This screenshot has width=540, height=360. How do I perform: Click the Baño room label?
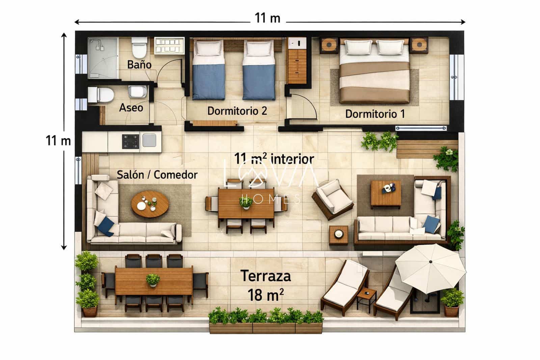[x=139, y=64]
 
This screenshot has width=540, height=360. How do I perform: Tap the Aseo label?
[x=131, y=108]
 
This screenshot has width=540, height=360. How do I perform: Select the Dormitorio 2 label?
[x=237, y=111]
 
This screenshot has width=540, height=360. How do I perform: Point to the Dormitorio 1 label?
[x=375, y=114]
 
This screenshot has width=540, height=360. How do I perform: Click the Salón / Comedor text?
[x=157, y=175]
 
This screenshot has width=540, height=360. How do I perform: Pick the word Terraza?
[x=266, y=276]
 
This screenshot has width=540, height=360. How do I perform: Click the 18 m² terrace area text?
[x=266, y=295]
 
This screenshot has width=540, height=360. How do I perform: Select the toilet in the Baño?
[x=139, y=48]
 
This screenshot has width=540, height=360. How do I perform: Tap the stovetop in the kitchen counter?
[x=131, y=141]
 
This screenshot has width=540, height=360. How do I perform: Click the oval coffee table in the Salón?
[x=150, y=205]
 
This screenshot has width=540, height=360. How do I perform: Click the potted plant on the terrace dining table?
[x=153, y=280]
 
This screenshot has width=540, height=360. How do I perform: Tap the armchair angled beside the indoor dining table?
[x=332, y=200]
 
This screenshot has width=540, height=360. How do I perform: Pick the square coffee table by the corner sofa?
[x=386, y=194]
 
